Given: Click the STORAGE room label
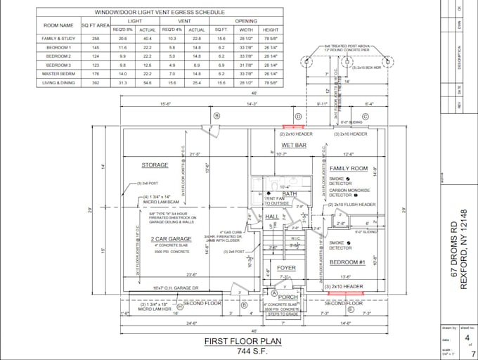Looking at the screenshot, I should tap(155, 165).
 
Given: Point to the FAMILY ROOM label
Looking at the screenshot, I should tap(349, 169).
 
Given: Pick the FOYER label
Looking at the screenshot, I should tap(285, 268).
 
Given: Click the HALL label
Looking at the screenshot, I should tap(271, 217).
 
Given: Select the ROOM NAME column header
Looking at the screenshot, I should tap(58, 25).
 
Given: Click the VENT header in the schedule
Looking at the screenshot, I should tap(185, 21).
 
